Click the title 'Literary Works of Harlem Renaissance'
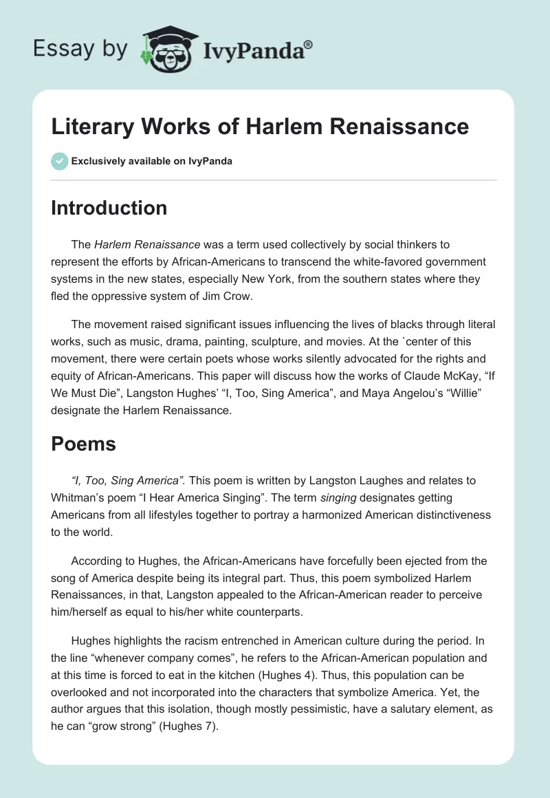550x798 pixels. pos(260,126)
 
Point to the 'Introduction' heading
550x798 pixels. pos(109,208)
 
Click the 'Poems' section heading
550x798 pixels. pos(83,444)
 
